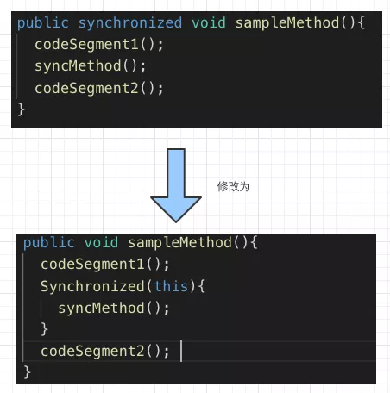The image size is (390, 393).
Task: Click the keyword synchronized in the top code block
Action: [x=130, y=23]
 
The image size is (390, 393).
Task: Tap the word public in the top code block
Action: [x=43, y=23]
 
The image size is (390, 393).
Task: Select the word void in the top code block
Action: [x=209, y=23]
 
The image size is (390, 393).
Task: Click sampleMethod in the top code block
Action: [x=287, y=23]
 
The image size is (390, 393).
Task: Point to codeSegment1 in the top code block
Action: [x=86, y=45]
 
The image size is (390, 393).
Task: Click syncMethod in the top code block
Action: [x=78, y=66]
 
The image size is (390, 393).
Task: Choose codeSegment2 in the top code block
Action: [x=86, y=88]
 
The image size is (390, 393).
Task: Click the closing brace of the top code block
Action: [x=22, y=109]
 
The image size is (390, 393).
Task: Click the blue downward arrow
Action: [x=176, y=185]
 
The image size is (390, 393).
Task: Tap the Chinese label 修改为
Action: [x=233, y=187]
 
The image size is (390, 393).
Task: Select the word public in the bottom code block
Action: [x=49, y=243]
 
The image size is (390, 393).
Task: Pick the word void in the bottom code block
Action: [x=101, y=243]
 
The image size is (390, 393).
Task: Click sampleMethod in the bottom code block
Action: [x=179, y=243]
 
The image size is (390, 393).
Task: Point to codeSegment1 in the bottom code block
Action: [x=92, y=265]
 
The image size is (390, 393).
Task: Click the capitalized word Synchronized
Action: [x=92, y=287]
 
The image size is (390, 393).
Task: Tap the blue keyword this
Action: [x=171, y=286]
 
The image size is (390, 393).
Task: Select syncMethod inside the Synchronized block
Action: [x=101, y=309]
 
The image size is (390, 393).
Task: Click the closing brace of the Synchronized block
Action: [x=44, y=329]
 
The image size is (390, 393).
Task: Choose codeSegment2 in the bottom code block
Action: [x=92, y=352]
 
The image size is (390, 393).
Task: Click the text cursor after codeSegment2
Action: [x=181, y=351]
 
